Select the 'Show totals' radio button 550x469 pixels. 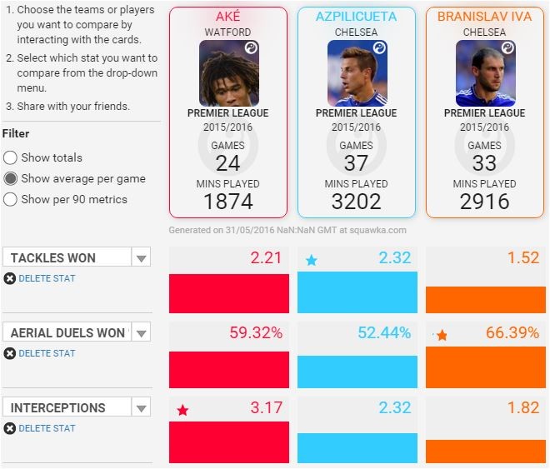11,157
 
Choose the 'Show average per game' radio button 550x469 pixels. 11,178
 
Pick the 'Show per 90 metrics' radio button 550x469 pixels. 11,199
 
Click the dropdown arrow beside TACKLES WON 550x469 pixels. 141,257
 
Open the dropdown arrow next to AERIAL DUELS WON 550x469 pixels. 141,332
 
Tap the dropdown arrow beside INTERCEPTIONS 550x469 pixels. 141,407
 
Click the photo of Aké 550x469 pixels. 228,72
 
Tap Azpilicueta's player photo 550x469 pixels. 357,72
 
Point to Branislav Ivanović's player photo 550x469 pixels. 485,72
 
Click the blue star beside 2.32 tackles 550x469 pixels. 312,260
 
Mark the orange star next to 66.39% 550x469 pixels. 442,335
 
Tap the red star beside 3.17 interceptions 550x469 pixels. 182,410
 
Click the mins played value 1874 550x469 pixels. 228,201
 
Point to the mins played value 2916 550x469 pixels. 485,201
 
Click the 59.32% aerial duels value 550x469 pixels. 256,333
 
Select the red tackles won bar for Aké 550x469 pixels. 229,293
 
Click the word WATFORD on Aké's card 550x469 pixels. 228,32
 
